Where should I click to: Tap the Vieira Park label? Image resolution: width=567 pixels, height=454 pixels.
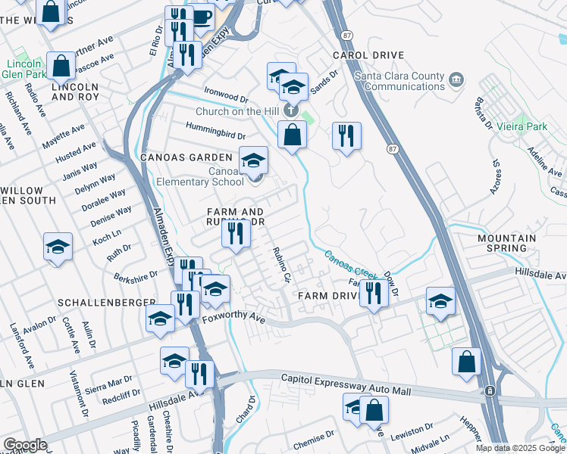click(522, 127)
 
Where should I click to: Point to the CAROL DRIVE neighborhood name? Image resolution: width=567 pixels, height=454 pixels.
click(368, 56)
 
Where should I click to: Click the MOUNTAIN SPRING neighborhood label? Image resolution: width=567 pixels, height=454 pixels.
click(506, 243)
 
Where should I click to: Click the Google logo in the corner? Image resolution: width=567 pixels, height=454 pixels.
click(25, 445)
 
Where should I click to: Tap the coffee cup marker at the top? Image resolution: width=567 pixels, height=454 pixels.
click(201, 16)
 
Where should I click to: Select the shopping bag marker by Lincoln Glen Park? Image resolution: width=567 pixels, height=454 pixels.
click(61, 66)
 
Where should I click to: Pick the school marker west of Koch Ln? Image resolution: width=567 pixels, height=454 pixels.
click(58, 247)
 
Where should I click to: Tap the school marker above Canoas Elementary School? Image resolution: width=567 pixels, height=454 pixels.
click(254, 160)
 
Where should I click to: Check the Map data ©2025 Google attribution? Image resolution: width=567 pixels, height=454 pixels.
click(520, 448)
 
